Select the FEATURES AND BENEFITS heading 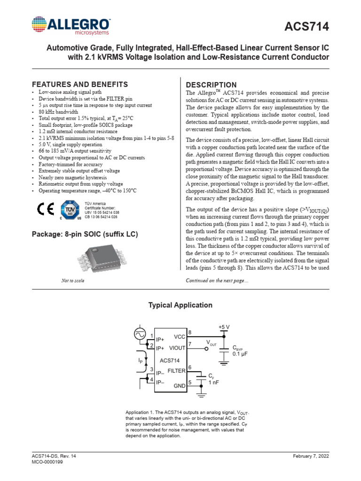tap(79, 85)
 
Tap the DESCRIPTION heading tap(212, 85)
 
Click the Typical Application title tap(180, 305)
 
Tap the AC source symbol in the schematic tap(140, 334)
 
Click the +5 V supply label tap(224, 327)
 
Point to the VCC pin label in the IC tap(180, 337)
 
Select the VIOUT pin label tap(177, 348)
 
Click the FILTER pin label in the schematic tap(176, 371)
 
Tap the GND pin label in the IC tap(180, 385)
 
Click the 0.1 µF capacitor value tap(240, 355)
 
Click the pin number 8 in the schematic tap(190, 333)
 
